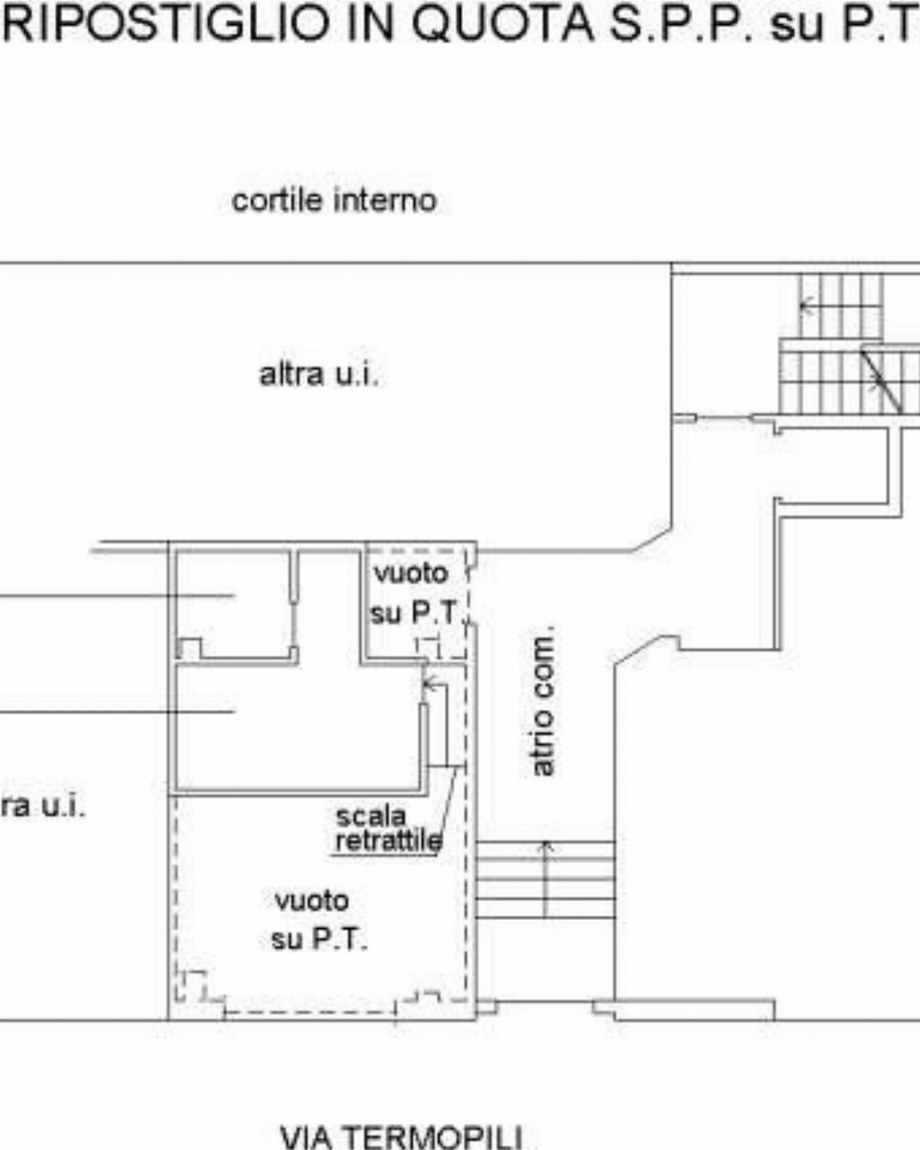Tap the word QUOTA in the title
coord(504,23)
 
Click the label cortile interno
coord(334,201)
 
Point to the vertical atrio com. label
coord(544,701)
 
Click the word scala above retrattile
coord(371,817)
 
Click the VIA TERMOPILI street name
coord(402,1137)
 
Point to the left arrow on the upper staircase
coord(808,306)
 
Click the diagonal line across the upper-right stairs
coord(881,382)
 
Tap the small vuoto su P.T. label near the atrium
coord(413,593)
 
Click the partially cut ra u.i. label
coord(43,807)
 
